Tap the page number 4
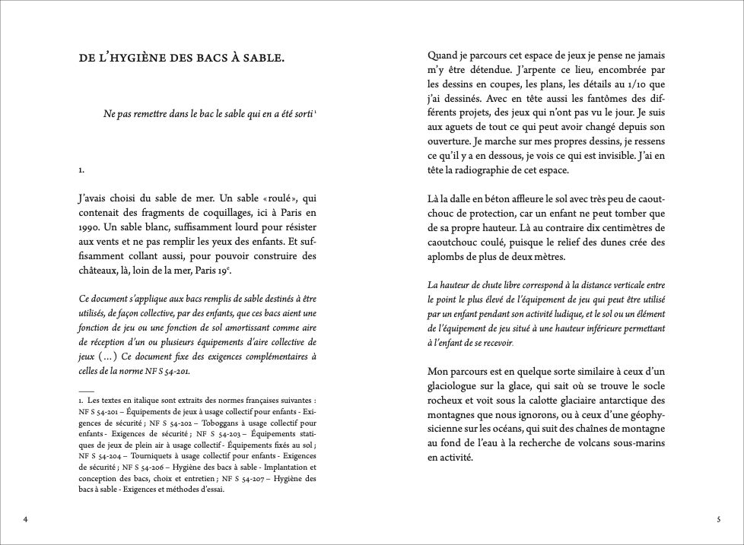click(25, 520)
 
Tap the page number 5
click(718, 520)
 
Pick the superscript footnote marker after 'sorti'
click(315, 112)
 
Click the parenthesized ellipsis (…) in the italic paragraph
click(107, 356)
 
